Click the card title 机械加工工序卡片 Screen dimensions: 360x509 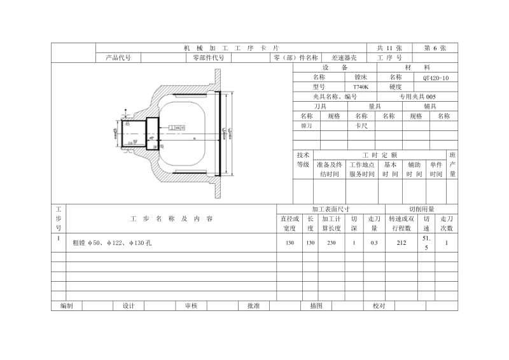point(231,48)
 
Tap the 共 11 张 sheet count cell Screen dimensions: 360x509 point(389,48)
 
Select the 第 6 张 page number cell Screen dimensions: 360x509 point(435,48)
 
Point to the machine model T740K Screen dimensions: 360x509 point(361,87)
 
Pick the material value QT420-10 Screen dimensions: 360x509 point(435,77)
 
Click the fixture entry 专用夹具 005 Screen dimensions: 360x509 point(417,97)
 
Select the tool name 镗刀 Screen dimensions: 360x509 point(306,126)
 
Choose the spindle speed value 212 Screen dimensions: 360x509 point(401,242)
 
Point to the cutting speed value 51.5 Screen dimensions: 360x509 point(426,242)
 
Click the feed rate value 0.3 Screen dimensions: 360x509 point(374,242)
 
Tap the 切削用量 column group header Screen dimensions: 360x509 point(421,209)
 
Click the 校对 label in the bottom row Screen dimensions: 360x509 point(379,306)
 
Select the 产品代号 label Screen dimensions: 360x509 point(118,57)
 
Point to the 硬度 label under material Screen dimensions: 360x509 point(395,87)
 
